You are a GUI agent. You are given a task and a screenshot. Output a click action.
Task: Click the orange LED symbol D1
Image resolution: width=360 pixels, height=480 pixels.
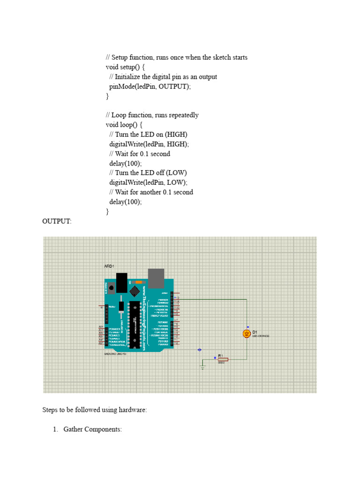click(247, 333)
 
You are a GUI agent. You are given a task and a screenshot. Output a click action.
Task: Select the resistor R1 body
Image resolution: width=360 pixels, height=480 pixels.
click(221, 359)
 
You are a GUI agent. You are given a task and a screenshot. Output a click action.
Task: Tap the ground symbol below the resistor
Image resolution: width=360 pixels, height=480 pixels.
click(202, 367)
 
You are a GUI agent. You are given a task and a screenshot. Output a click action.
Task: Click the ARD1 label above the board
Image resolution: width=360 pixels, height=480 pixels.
click(109, 266)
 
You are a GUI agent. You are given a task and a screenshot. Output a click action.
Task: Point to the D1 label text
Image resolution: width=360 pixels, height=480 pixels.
click(255, 331)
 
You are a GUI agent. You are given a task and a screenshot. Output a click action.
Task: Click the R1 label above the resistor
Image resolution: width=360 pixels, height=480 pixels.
click(220, 355)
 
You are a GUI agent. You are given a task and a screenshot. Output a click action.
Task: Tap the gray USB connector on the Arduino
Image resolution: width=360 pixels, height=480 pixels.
click(156, 278)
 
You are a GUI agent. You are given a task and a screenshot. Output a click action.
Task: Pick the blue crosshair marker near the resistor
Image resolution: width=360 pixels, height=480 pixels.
click(200, 349)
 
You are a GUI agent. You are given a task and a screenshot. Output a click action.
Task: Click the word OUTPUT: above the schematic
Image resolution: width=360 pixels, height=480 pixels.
click(57, 221)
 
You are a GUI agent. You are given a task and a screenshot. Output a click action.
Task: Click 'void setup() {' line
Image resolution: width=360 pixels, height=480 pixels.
click(126, 67)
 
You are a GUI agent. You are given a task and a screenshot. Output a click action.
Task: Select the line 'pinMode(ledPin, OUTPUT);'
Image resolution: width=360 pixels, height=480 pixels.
click(150, 86)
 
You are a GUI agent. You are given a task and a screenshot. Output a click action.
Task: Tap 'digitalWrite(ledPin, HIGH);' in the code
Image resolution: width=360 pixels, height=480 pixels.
click(149, 144)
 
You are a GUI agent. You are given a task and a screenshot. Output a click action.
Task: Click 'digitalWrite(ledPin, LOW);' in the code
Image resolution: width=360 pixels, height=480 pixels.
click(148, 182)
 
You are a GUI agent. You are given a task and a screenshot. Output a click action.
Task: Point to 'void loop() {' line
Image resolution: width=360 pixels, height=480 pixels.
click(124, 125)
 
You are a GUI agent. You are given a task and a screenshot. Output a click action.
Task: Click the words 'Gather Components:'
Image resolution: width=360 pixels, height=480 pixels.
click(93, 429)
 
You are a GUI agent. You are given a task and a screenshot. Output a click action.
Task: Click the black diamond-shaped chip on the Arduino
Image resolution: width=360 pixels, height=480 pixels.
click(135, 291)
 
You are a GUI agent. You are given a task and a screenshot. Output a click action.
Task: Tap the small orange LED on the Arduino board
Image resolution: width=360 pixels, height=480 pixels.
click(138, 282)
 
